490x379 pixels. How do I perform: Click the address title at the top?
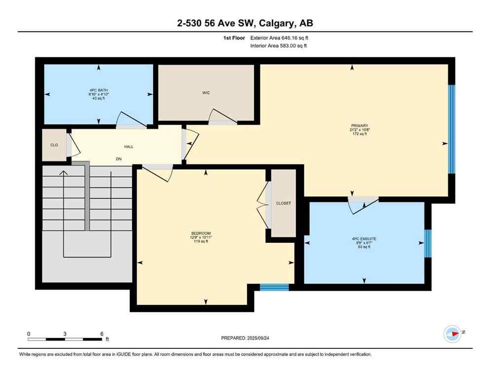point(245,23)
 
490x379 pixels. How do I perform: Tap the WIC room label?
point(206,93)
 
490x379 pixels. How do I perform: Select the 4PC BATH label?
point(99,90)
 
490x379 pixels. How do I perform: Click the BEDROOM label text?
point(201,233)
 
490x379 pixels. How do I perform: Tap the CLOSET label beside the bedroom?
point(283,203)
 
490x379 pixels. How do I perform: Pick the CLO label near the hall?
point(54,146)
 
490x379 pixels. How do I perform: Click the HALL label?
point(128,147)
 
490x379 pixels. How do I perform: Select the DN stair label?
point(118,159)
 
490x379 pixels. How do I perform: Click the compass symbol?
point(452,334)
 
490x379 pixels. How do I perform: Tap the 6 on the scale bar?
point(102,334)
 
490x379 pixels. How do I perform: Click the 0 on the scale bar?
point(29,334)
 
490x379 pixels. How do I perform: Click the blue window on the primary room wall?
point(451,129)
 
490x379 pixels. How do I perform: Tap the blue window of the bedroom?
point(274,287)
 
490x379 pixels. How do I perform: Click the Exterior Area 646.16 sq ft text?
point(280,38)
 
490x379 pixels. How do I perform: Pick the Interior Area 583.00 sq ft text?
point(280,46)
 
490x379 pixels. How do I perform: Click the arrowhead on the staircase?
point(63,173)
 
